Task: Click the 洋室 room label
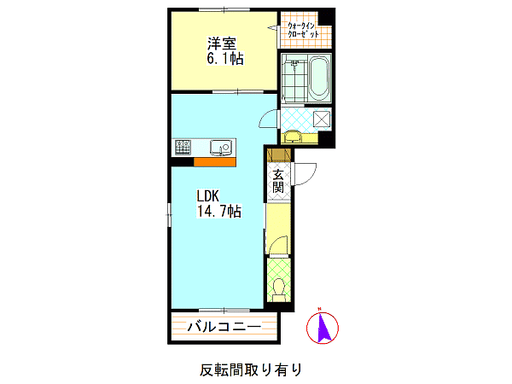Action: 222,44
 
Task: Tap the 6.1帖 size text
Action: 225,59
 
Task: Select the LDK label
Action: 207,196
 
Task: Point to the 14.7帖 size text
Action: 218,212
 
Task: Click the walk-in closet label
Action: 303,30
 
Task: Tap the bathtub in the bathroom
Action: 319,79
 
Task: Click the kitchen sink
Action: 221,148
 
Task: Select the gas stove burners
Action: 183,147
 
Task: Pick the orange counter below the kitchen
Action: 214,162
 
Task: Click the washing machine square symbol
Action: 322,119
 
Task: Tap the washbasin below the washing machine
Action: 292,137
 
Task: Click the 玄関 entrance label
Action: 278,181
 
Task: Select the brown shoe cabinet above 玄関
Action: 279,156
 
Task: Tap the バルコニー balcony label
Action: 224,327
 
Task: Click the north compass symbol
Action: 323,327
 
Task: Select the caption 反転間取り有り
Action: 251,370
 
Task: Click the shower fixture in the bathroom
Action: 295,64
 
